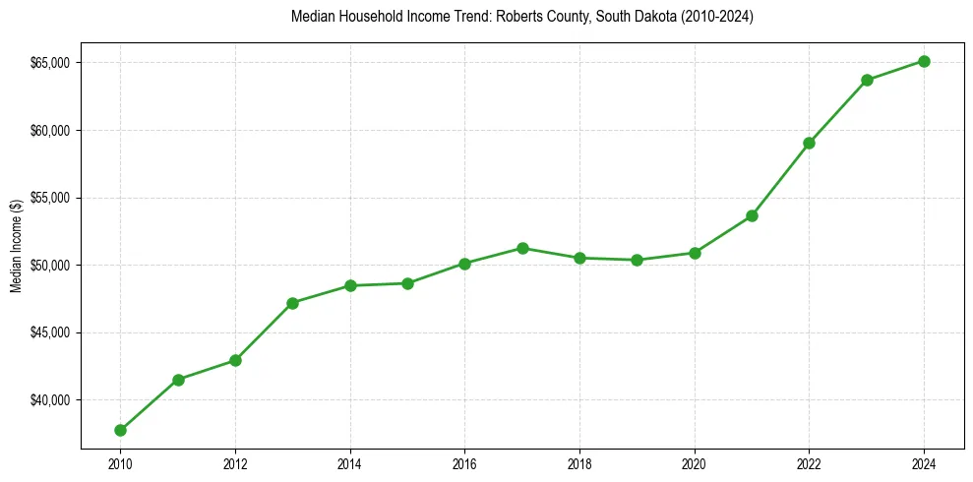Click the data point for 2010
[120, 430]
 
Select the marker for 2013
[292, 303]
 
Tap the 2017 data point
[522, 248]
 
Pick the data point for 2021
[752, 215]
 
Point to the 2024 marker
[924, 61]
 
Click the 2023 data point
[867, 80]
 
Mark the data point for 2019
[637, 260]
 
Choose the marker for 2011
[178, 380]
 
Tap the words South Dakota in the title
[599, 17]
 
